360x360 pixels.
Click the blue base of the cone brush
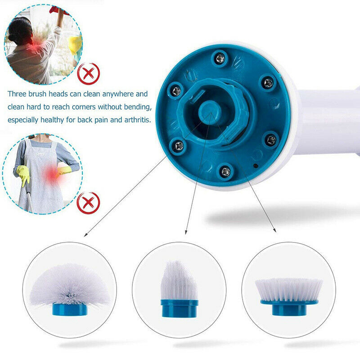[179, 308]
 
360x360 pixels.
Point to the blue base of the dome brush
[70, 309]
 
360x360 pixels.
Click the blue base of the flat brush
[289, 307]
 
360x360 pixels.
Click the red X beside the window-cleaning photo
[88, 74]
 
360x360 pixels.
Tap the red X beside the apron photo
[88, 203]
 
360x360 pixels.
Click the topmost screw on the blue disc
[220, 58]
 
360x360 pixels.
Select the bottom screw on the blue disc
[225, 171]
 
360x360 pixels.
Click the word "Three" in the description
[17, 94]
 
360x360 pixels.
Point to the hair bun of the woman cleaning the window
[11, 37]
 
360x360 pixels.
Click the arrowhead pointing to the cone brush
[186, 232]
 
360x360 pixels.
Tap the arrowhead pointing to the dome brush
[85, 234]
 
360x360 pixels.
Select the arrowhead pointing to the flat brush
[274, 230]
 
